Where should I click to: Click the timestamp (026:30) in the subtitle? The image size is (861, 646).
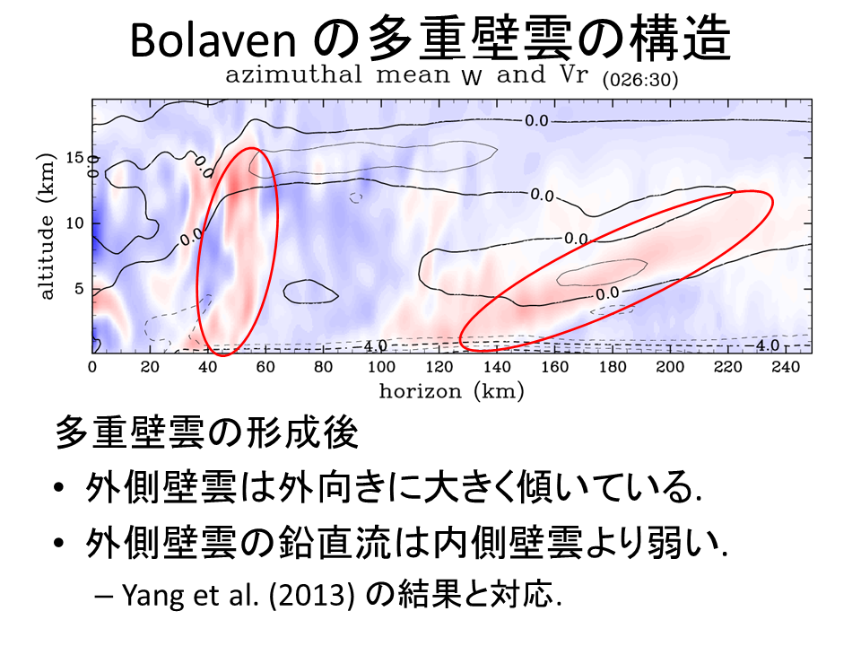(640, 80)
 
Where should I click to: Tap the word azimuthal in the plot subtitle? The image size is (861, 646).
(285, 74)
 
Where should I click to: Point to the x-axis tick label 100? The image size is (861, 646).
(381, 366)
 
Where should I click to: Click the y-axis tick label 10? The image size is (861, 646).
(76, 223)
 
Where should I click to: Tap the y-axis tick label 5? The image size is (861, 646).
(80, 289)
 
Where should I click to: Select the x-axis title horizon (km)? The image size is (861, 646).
(451, 390)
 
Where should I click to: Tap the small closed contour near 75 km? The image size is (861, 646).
(310, 291)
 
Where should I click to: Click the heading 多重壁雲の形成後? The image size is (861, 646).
(206, 434)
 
